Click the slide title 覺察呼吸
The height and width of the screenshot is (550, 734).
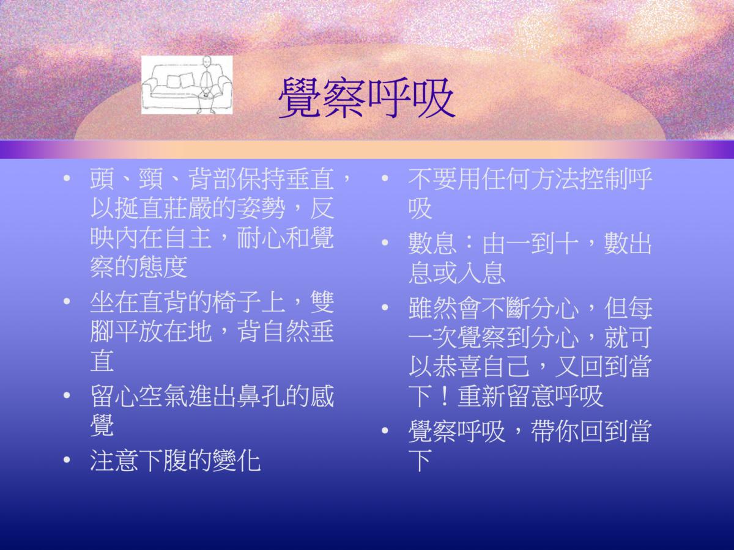click(x=366, y=98)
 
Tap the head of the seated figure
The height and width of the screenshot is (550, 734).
click(x=207, y=62)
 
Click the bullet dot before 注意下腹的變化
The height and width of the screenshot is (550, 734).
click(x=67, y=460)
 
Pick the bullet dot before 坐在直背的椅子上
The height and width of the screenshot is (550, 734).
click(x=67, y=301)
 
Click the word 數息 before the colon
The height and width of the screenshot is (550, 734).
click(x=432, y=243)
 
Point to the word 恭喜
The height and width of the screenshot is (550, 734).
click(x=457, y=367)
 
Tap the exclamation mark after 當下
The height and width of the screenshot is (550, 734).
click(x=445, y=397)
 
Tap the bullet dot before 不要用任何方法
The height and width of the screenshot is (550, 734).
click(x=385, y=178)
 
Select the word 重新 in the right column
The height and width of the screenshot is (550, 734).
click(x=481, y=397)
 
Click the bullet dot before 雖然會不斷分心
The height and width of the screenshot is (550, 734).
click(x=385, y=307)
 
